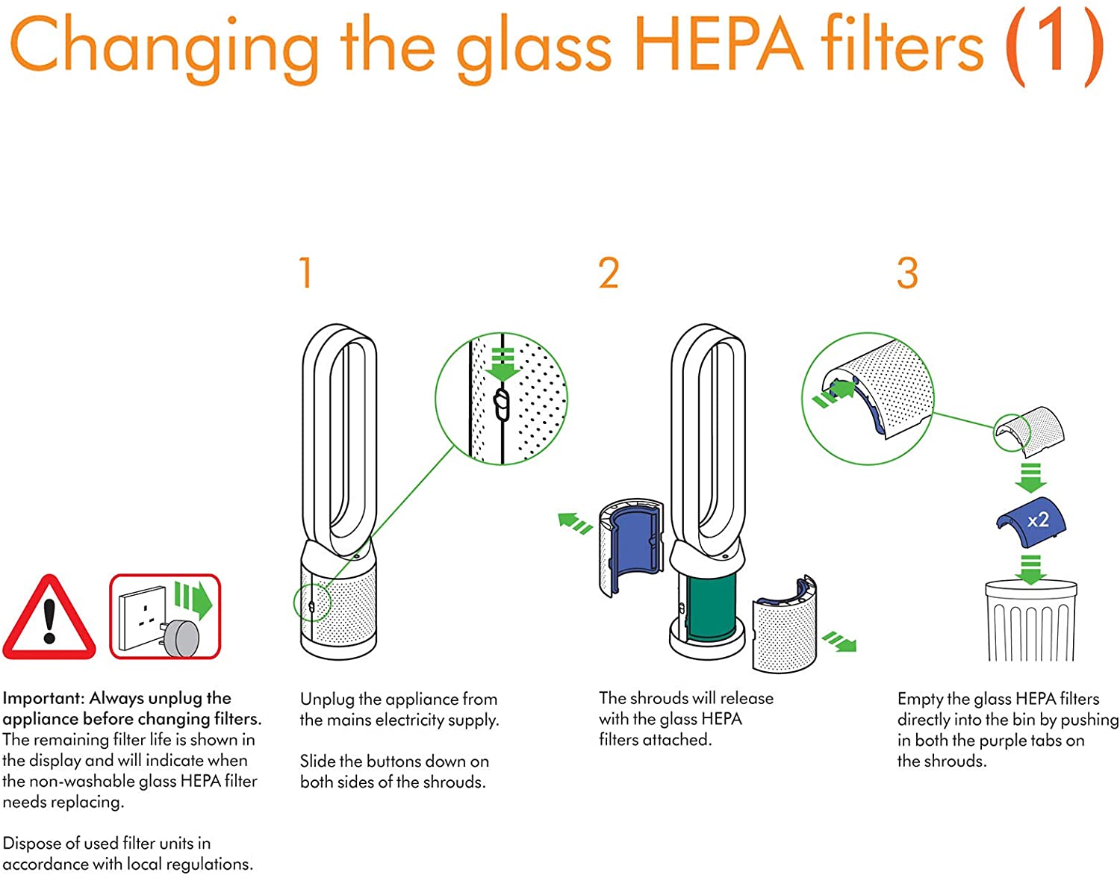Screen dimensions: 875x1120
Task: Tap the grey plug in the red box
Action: click(181, 637)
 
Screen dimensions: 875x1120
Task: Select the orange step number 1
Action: click(305, 273)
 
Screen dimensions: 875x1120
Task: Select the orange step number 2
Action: click(609, 273)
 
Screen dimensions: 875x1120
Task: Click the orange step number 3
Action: click(907, 273)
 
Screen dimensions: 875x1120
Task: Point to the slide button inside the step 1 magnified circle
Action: click(502, 404)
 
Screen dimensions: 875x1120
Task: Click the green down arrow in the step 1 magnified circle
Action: click(503, 364)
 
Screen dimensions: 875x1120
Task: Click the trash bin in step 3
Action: click(1030, 621)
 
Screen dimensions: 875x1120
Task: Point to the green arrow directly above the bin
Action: click(1030, 569)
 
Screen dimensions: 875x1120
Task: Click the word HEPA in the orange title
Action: click(718, 46)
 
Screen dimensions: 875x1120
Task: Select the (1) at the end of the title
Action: click(1054, 46)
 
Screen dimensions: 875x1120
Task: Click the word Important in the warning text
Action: click(43, 698)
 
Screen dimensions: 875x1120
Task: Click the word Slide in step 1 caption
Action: click(318, 761)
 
